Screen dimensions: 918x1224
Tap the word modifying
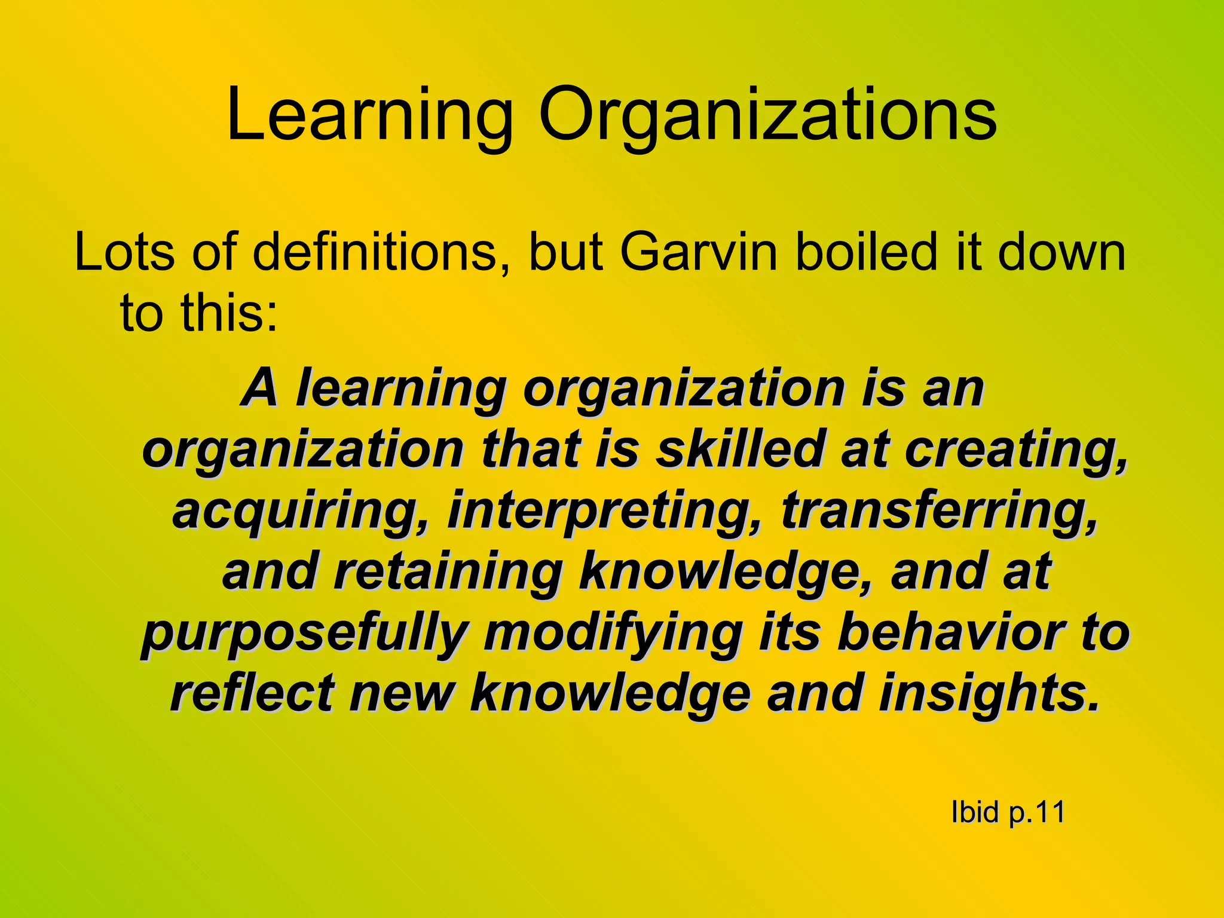[613, 635]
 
